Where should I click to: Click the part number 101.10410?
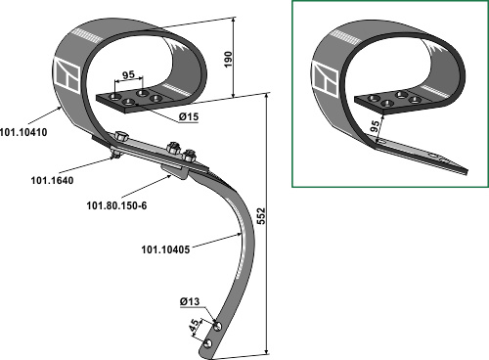coord(23,132)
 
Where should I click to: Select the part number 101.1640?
coord(52,180)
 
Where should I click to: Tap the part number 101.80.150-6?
coord(116,205)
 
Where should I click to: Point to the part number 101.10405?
coord(165,249)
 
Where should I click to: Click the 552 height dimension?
coord(261,216)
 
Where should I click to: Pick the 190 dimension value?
coord(228,59)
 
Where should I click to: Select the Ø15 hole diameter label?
coord(189,116)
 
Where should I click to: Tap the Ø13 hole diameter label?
coord(190,301)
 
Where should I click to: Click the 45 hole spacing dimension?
coord(194,326)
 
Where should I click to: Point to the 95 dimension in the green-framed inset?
coord(375,126)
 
